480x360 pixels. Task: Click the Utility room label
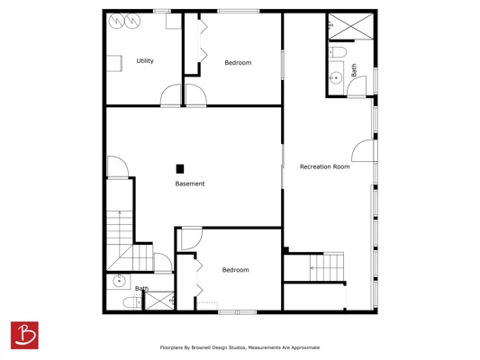click(145, 61)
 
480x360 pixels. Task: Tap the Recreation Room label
click(324, 166)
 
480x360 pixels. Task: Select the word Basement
click(190, 184)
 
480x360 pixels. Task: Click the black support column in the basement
click(180, 169)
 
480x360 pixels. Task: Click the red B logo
click(24, 335)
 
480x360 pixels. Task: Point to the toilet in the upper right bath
click(338, 52)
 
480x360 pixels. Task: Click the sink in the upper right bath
click(336, 77)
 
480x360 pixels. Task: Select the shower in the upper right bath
click(351, 26)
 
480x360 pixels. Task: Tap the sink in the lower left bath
click(119, 281)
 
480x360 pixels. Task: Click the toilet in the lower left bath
click(132, 302)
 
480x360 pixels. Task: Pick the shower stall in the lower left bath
click(159, 301)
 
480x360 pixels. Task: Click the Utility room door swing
click(170, 95)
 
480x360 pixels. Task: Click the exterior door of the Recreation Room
click(363, 150)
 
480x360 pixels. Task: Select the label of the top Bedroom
click(238, 63)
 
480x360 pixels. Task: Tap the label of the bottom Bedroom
click(235, 270)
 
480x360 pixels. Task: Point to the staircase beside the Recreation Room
click(327, 266)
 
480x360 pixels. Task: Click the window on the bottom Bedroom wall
click(237, 312)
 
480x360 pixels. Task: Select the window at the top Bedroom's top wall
click(239, 12)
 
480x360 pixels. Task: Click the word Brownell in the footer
click(202, 347)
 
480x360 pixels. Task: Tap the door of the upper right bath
click(357, 86)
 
